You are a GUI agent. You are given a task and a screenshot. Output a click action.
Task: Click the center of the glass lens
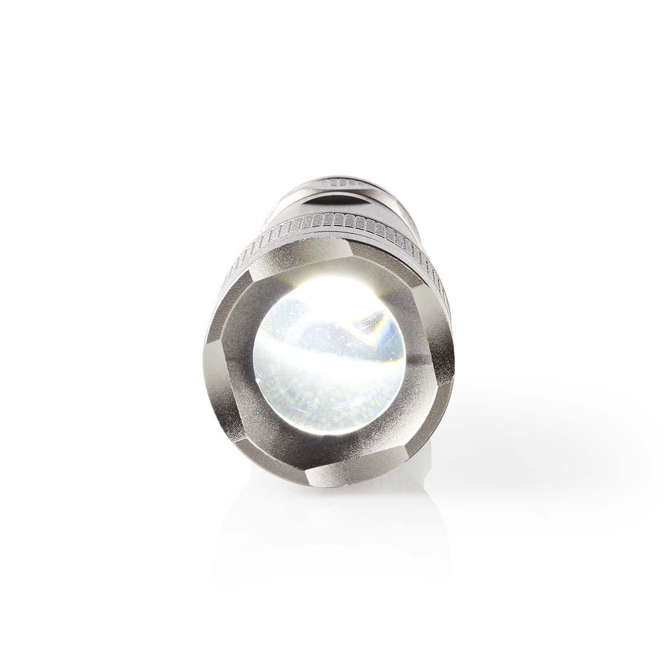pos(330,354)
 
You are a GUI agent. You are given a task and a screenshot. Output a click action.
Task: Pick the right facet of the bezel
pos(437,360)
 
